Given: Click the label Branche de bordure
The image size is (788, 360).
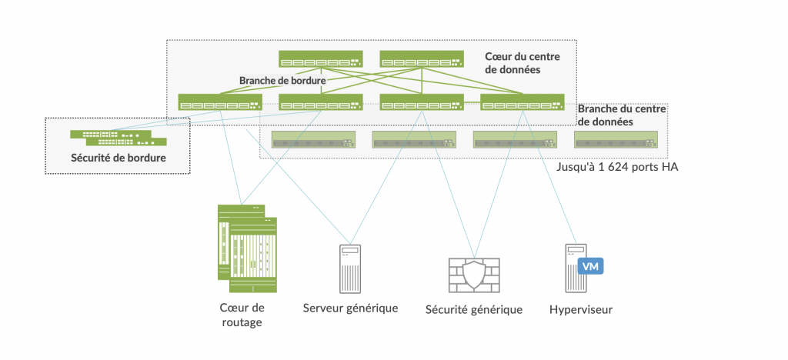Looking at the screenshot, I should coord(282,80).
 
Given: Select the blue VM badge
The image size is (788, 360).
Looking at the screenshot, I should coord(590,266).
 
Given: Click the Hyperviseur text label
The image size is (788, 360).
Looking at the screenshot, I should coord(581,310).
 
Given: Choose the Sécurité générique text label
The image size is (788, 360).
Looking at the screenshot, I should coord(473,310).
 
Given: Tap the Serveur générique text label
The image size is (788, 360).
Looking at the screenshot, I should coord(350,308).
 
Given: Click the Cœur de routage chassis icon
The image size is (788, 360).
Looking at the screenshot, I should coord(246,247).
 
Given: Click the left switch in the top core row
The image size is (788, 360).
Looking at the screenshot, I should coord(320,59).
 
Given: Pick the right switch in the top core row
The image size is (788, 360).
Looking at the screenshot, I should coord(421,59).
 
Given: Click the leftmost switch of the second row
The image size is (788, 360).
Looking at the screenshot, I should coord(219,102).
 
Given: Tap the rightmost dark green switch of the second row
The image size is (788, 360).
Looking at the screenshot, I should coord(522,102).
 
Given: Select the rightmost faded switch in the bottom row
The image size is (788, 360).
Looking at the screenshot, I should coord(616,139).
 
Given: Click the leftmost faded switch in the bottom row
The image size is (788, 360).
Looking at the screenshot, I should coord(313,139).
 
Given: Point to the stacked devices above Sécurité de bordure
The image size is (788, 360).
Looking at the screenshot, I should coord(119,138).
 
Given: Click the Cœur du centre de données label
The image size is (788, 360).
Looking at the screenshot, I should coord(523,63).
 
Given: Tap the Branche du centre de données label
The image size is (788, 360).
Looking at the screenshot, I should coord(622,115).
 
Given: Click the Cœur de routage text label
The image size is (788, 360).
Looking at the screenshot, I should coord(242,315).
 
